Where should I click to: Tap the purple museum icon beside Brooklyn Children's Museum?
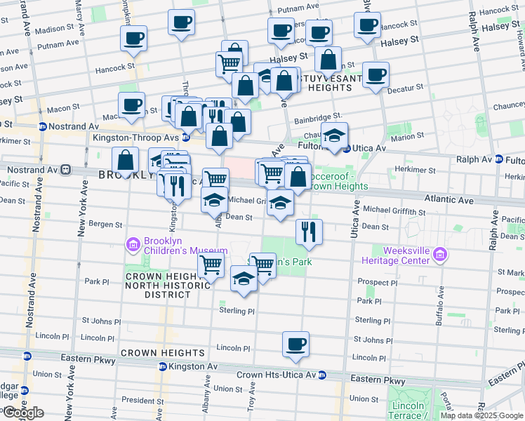(133, 245)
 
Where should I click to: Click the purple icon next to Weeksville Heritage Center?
(440, 254)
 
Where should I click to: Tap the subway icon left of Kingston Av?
(163, 367)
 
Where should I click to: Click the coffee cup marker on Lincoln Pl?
(295, 344)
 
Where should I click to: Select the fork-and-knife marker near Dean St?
(308, 231)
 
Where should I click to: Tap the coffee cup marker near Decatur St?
(376, 74)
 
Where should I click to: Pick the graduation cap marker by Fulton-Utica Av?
(335, 135)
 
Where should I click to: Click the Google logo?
(23, 412)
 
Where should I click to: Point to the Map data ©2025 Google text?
(481, 415)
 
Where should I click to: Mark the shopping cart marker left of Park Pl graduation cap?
(211, 265)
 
